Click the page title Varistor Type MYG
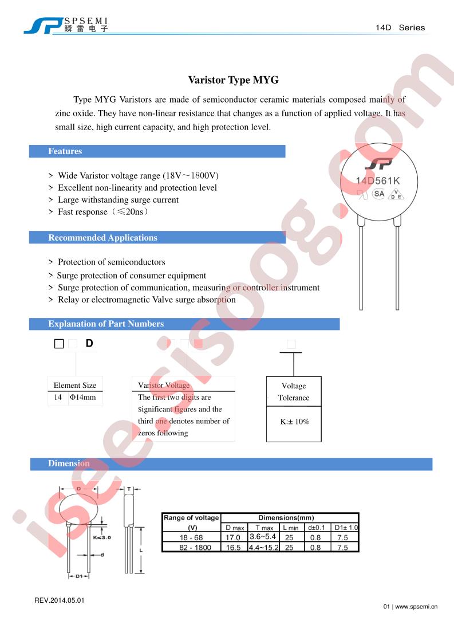tap(233, 80)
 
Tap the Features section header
tap(65, 151)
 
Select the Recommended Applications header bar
tap(102, 237)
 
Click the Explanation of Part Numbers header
tap(106, 324)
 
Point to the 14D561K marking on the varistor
tap(377, 181)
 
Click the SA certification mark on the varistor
tap(379, 194)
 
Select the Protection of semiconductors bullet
tap(111, 262)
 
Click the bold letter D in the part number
tap(89, 344)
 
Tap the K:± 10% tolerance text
tap(294, 421)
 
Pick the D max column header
tap(234, 528)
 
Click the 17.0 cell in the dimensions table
tap(234, 538)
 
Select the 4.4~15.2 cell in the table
tap(263, 548)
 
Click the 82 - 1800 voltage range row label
tap(192, 548)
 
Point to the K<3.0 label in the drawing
tap(101, 537)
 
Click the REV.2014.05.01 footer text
tap(60, 600)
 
